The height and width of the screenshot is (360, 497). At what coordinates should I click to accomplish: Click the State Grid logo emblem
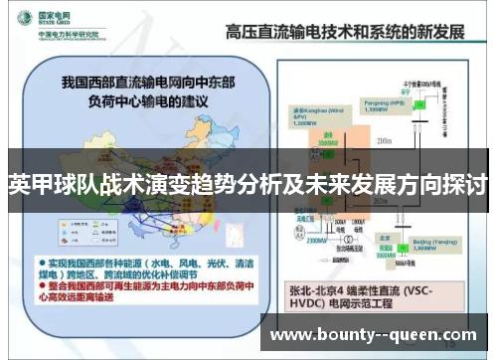(20, 18)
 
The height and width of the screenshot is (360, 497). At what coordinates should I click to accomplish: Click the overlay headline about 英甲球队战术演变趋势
(248, 185)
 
